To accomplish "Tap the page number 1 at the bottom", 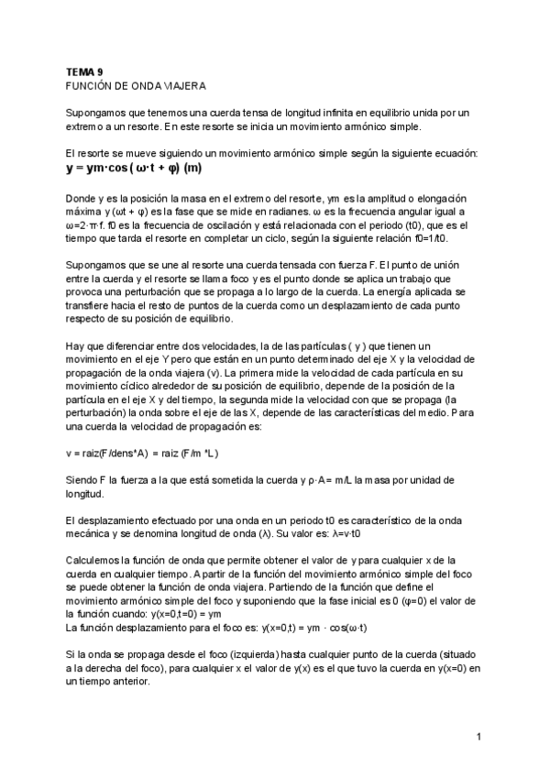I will (479, 736).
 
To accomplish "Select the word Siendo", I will (82, 480).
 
